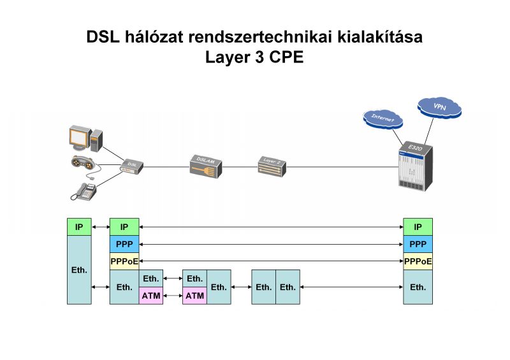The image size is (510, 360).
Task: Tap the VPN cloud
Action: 439,107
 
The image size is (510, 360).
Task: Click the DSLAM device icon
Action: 205,166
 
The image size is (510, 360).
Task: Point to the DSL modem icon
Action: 132,166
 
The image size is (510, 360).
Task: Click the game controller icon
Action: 84,164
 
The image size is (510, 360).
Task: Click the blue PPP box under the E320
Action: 418,244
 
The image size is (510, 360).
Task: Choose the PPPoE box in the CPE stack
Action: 124,261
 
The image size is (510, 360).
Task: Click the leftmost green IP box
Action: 79,227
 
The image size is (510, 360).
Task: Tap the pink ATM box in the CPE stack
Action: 151,296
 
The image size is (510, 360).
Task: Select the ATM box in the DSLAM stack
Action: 195,296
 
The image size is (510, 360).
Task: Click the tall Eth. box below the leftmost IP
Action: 79,270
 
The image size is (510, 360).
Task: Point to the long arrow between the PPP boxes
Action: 271,244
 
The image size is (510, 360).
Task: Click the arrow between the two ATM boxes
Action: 173,296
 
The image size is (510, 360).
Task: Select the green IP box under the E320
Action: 418,227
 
